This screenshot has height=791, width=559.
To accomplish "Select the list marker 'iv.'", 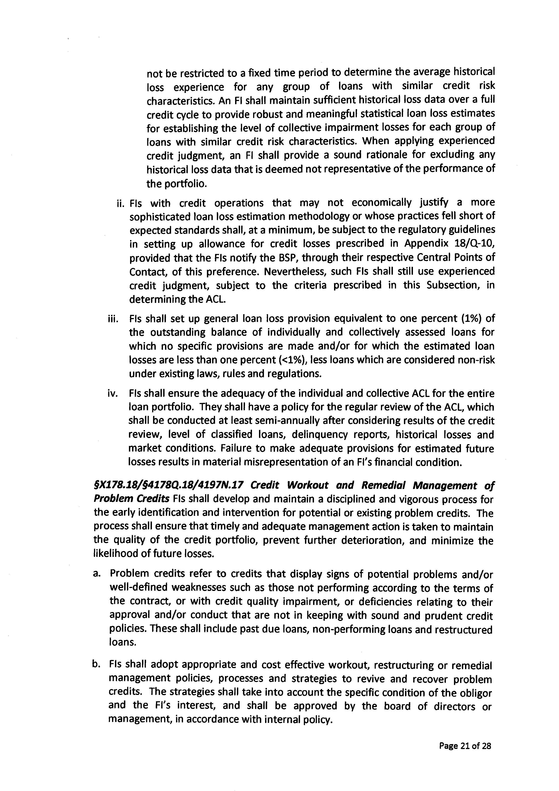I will (113, 393).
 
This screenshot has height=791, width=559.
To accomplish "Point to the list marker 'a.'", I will (96, 574).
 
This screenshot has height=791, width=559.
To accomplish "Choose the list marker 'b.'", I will (96, 664).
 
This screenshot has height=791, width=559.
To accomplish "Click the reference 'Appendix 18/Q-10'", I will (449, 244).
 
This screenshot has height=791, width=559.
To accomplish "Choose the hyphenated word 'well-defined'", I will (138, 587).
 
